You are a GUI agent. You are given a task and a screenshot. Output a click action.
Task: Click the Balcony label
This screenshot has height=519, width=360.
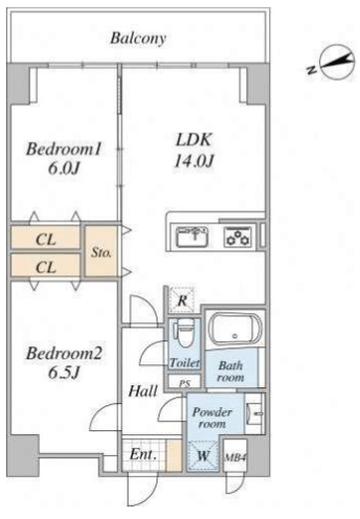[138, 38]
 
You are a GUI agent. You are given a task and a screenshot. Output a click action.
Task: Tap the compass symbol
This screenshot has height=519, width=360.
[336, 62]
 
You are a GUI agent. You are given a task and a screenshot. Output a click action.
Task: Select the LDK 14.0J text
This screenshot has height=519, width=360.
[193, 151]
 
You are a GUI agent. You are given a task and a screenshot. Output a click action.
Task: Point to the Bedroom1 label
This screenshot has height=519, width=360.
[64, 149]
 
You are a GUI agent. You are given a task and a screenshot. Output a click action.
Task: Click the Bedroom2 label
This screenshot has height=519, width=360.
[64, 353]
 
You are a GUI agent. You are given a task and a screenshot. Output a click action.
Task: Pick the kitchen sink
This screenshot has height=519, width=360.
[192, 237]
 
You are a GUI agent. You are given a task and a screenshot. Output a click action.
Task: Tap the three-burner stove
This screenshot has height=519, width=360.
[237, 237]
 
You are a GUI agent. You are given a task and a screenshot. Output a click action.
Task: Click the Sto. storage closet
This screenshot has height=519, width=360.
[101, 252]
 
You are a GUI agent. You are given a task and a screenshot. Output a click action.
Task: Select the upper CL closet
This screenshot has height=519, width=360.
[46, 238]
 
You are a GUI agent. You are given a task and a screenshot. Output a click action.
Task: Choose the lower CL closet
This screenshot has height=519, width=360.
[46, 264]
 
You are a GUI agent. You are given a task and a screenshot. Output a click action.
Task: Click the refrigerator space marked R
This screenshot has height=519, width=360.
[182, 300]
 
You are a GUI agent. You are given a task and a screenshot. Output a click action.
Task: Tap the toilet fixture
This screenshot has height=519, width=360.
[184, 333]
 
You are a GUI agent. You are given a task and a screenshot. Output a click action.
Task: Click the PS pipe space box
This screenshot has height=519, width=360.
[184, 382]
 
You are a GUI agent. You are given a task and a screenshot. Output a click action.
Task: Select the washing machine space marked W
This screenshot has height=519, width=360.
[202, 456]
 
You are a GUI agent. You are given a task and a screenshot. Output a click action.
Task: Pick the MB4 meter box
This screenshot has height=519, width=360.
[235, 456]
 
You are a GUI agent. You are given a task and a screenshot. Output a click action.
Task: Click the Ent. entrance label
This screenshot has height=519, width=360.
[144, 454]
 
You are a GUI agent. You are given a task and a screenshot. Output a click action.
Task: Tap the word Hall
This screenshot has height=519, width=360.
[143, 391]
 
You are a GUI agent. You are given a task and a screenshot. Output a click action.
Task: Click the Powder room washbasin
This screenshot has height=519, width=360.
[255, 413]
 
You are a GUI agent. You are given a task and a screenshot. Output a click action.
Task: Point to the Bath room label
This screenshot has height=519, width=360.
[230, 371]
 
